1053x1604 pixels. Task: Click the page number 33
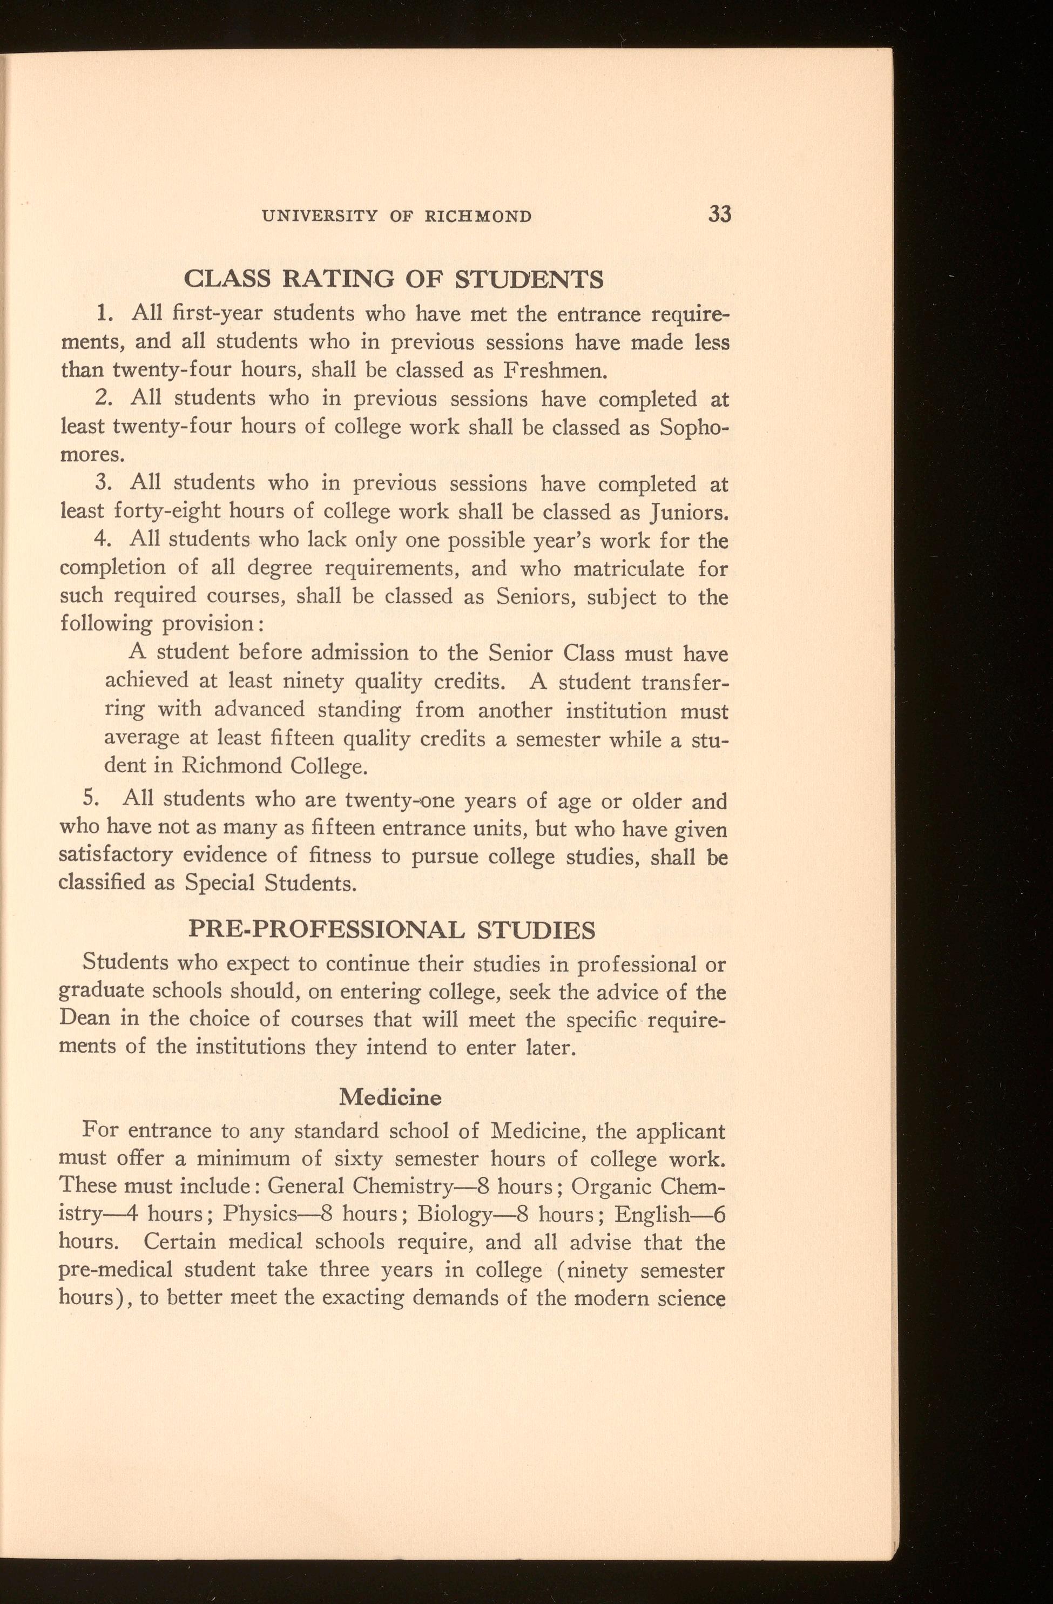point(719,215)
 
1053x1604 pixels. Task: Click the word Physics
point(261,1214)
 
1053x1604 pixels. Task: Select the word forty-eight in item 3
point(166,512)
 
